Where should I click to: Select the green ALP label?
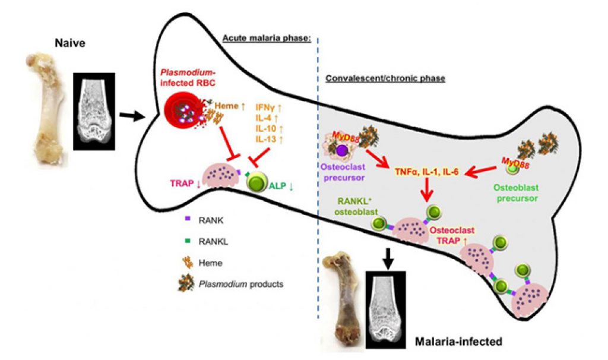(x=281, y=185)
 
